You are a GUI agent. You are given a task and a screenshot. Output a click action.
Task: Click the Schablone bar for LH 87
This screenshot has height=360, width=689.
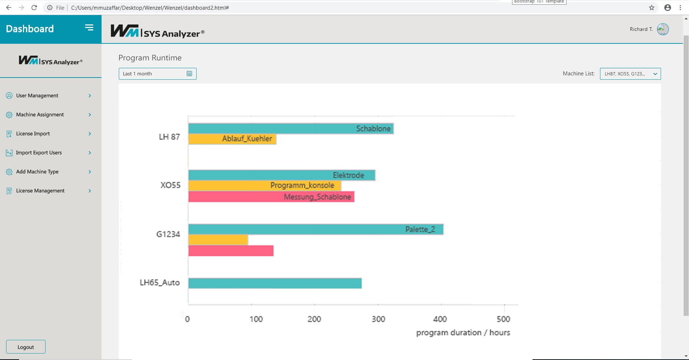291,128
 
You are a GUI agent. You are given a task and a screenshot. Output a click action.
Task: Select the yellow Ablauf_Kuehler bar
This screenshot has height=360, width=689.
232,139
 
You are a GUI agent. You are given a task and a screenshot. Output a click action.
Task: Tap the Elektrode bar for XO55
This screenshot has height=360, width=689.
282,175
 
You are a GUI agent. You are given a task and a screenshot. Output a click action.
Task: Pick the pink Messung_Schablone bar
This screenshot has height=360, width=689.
271,197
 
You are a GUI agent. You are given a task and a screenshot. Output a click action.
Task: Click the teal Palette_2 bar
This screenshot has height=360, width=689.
316,229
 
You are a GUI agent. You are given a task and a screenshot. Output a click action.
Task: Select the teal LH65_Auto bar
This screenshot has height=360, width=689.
275,283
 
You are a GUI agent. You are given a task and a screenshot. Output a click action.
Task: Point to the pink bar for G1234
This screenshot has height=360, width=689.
231,251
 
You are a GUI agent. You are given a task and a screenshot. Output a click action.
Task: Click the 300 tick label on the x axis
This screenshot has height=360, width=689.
378,319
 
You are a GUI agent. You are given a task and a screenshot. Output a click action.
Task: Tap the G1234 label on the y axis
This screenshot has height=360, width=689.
168,234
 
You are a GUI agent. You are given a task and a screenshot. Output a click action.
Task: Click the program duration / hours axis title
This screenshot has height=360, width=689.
463,333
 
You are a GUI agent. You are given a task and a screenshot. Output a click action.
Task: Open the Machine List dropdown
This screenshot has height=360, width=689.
630,74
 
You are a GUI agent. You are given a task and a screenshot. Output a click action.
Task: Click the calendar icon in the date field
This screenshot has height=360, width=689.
189,74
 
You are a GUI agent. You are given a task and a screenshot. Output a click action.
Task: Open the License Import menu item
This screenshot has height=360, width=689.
33,134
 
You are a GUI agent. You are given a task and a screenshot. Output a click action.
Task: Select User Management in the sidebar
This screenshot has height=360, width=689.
37,95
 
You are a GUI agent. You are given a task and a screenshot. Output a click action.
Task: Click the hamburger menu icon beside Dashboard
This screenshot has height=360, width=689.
89,28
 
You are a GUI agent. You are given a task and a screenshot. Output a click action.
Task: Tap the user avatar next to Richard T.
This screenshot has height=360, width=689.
662,29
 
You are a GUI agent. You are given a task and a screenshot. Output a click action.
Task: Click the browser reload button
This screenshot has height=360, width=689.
34,8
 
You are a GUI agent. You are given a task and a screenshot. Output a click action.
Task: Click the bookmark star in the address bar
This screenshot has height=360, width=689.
652,8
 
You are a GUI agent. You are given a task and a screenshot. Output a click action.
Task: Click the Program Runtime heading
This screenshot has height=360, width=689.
150,58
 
